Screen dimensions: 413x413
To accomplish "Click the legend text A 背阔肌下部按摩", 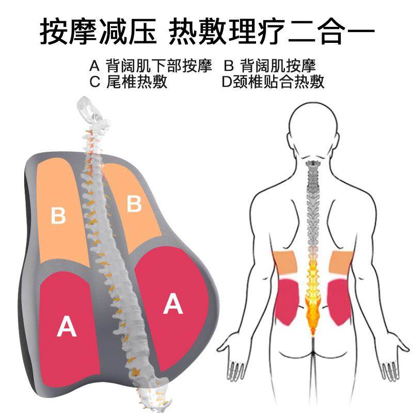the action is pyautogui.click(x=151, y=66).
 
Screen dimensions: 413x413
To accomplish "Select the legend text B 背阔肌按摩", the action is pyautogui.click(x=269, y=66).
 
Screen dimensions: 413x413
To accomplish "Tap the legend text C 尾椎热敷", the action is pyautogui.click(x=129, y=82).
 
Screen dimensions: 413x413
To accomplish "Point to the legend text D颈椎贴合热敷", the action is pyautogui.click(x=273, y=82).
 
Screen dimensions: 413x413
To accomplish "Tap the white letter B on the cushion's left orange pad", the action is pyautogui.click(x=59, y=215).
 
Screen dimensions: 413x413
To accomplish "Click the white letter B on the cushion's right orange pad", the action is pyautogui.click(x=134, y=204).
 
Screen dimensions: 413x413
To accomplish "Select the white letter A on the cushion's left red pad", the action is pyautogui.click(x=67, y=326).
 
